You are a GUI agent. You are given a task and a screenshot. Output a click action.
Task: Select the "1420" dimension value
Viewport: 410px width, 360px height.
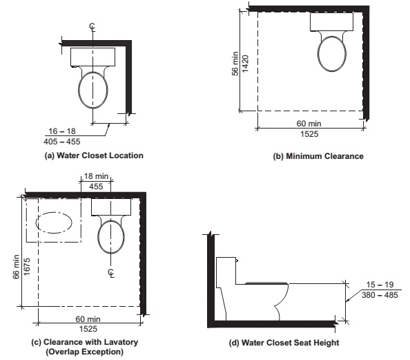pyautogui.click(x=244, y=62)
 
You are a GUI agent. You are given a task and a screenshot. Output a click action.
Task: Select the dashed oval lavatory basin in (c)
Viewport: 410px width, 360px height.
pyautogui.click(x=54, y=225)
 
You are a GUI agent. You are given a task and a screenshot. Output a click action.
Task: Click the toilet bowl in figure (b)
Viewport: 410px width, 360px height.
pyautogui.click(x=335, y=53)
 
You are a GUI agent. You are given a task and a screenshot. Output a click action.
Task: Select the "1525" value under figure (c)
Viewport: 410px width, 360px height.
pyautogui.click(x=88, y=328)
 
